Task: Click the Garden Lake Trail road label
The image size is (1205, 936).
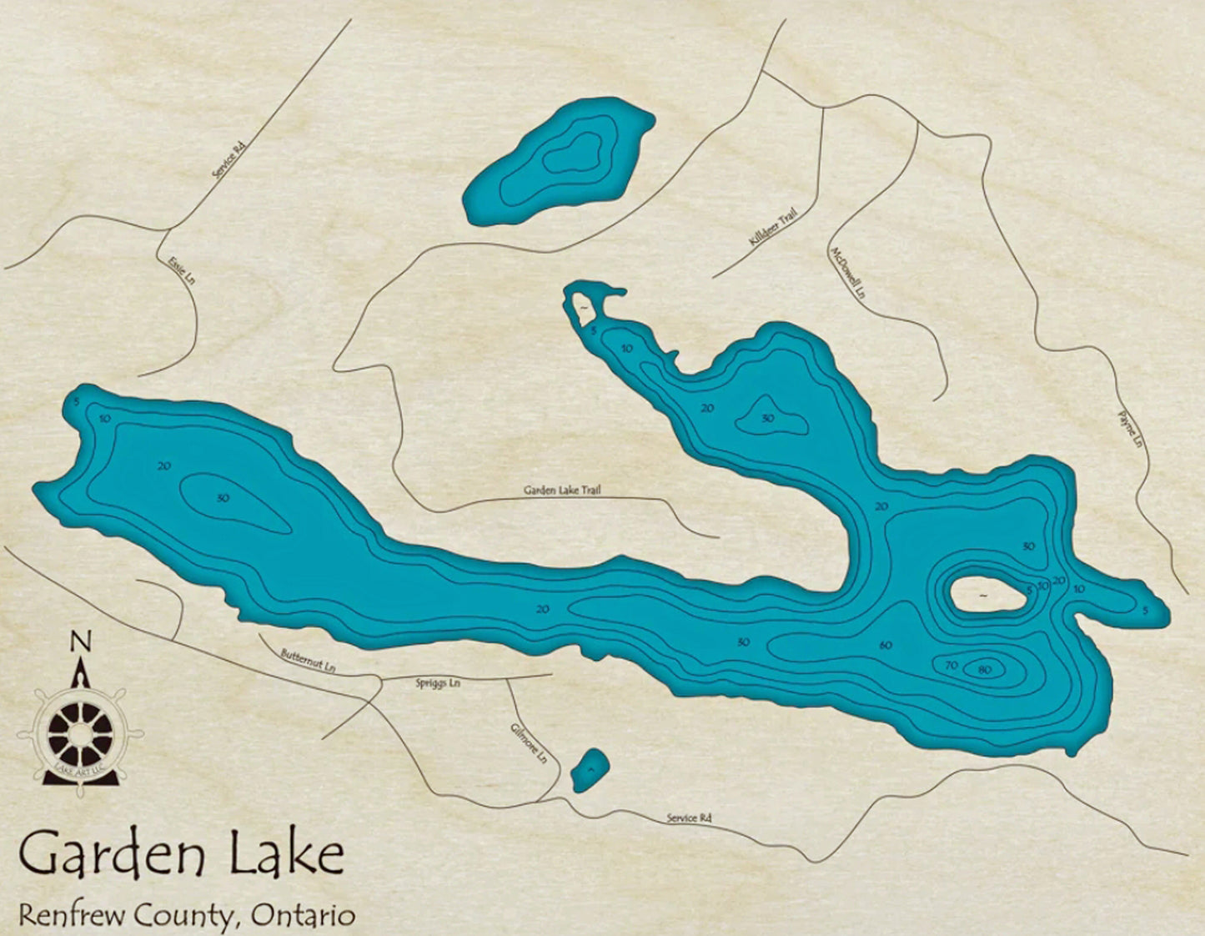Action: pos(561,491)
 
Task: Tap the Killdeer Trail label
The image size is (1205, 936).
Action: pos(773,227)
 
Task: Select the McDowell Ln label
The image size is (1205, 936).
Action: pos(846,273)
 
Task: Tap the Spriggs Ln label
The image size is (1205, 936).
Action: pos(438,683)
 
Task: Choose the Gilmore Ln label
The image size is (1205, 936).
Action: pos(529,743)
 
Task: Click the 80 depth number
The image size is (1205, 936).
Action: pos(984,669)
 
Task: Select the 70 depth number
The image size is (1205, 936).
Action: pos(951,666)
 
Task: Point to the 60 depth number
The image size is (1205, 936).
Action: pos(885,645)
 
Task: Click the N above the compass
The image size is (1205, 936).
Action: pos(80,642)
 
